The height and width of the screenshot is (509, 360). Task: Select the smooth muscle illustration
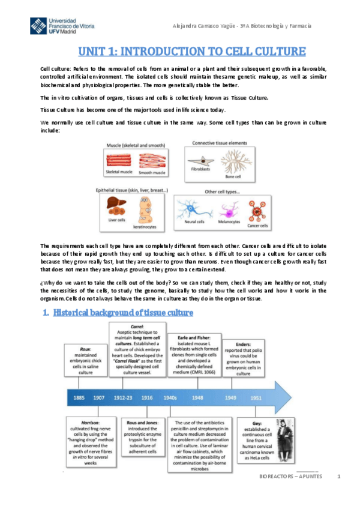click(x=152, y=160)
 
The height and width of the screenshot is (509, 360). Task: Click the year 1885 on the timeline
click(x=80, y=397)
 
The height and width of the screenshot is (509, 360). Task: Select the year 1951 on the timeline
click(x=256, y=397)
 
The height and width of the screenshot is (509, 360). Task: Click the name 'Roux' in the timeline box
click(x=85, y=348)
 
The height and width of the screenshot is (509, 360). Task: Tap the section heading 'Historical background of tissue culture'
click(x=123, y=313)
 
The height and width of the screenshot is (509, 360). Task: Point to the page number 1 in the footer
click(x=340, y=476)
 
